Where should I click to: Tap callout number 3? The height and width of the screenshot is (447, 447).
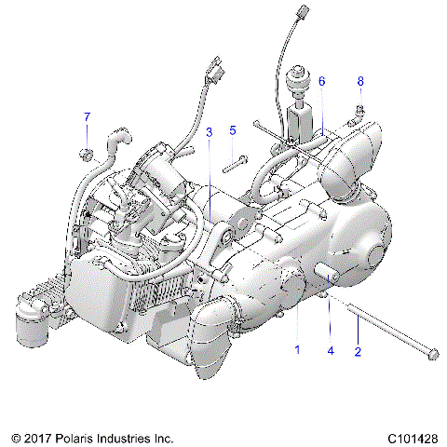[x=209, y=131]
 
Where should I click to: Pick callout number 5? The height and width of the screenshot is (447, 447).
[x=233, y=130]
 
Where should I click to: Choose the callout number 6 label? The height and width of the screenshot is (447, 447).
[x=321, y=82]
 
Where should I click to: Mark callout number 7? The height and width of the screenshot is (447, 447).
[x=88, y=116]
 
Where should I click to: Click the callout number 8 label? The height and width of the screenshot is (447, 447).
[x=360, y=82]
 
